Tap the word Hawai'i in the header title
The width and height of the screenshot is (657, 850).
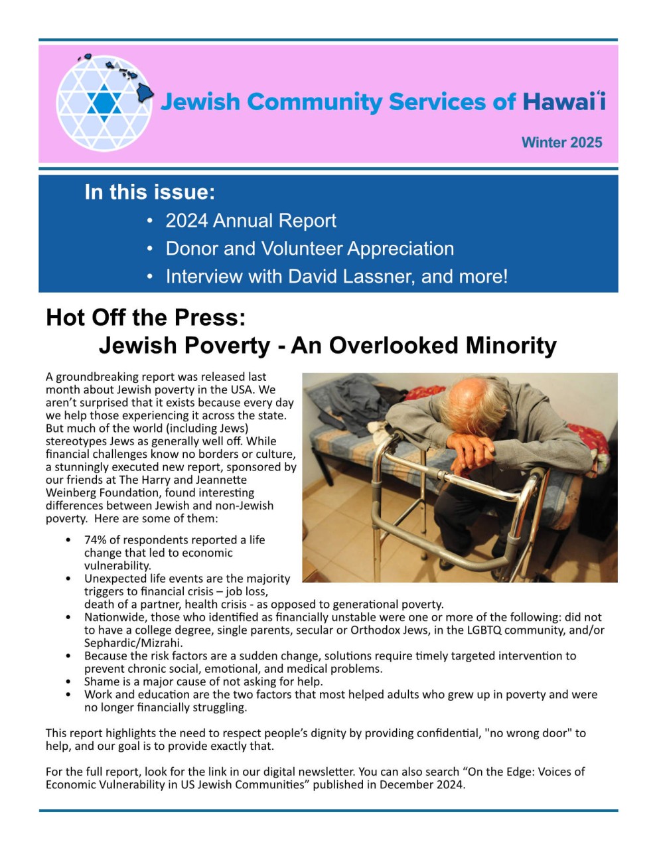[563, 102]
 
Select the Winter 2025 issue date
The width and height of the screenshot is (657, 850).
[561, 142]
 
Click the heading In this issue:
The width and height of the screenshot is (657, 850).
[150, 192]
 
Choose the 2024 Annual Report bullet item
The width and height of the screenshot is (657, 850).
[251, 220]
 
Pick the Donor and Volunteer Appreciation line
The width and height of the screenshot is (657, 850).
[310, 248]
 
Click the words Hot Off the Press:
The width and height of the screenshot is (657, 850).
[146, 317]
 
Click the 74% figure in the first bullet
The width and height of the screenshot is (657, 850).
[96, 539]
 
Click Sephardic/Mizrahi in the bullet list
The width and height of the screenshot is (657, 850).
[133, 642]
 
